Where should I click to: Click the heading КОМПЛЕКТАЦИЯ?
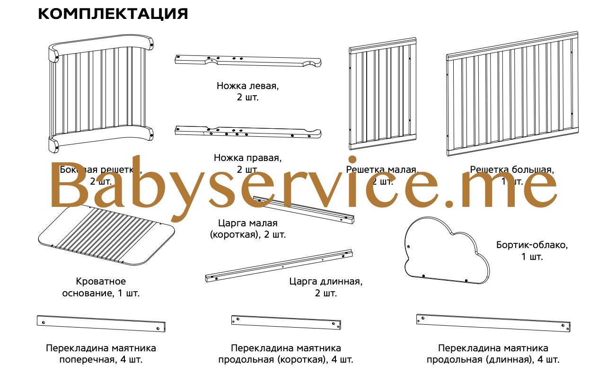point(113,14)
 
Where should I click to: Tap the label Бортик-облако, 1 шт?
point(532,251)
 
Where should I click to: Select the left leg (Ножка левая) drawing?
point(248,61)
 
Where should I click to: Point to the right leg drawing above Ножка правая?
point(248,132)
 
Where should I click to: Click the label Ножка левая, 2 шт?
point(248,92)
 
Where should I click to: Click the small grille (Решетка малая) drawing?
point(382,95)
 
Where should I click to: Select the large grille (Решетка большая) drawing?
point(512,95)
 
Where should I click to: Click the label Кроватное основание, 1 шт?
point(101,287)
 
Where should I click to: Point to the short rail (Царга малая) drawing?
point(303,209)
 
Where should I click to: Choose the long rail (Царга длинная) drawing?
point(279,266)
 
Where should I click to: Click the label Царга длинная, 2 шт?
point(326,287)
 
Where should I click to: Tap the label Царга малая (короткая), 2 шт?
point(248,228)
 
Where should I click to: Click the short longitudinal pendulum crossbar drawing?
point(286,322)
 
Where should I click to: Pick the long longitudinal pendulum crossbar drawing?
point(493,322)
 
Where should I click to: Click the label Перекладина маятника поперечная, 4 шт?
point(101,354)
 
